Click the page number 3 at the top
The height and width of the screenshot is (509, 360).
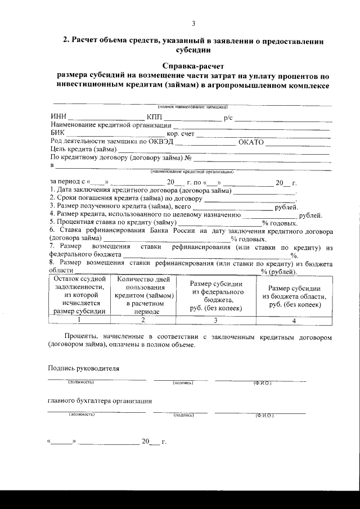tap(193, 24)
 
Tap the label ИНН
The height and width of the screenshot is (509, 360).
tap(58, 117)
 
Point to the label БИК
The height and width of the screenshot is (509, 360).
tap(57, 133)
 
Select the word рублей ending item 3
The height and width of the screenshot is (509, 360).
tap(285, 207)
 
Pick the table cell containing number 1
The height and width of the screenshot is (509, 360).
tap(80, 320)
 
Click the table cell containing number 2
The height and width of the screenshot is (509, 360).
tap(143, 320)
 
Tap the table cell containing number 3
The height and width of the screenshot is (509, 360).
tap(215, 320)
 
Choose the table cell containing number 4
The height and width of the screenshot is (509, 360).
tap(294, 321)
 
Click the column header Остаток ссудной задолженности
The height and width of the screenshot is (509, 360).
tap(80, 295)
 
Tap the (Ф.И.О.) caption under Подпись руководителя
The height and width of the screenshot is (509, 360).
tap(262, 383)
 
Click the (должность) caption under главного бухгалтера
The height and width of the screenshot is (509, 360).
tap(82, 415)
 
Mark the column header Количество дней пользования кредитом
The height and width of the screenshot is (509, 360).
tap(143, 295)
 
